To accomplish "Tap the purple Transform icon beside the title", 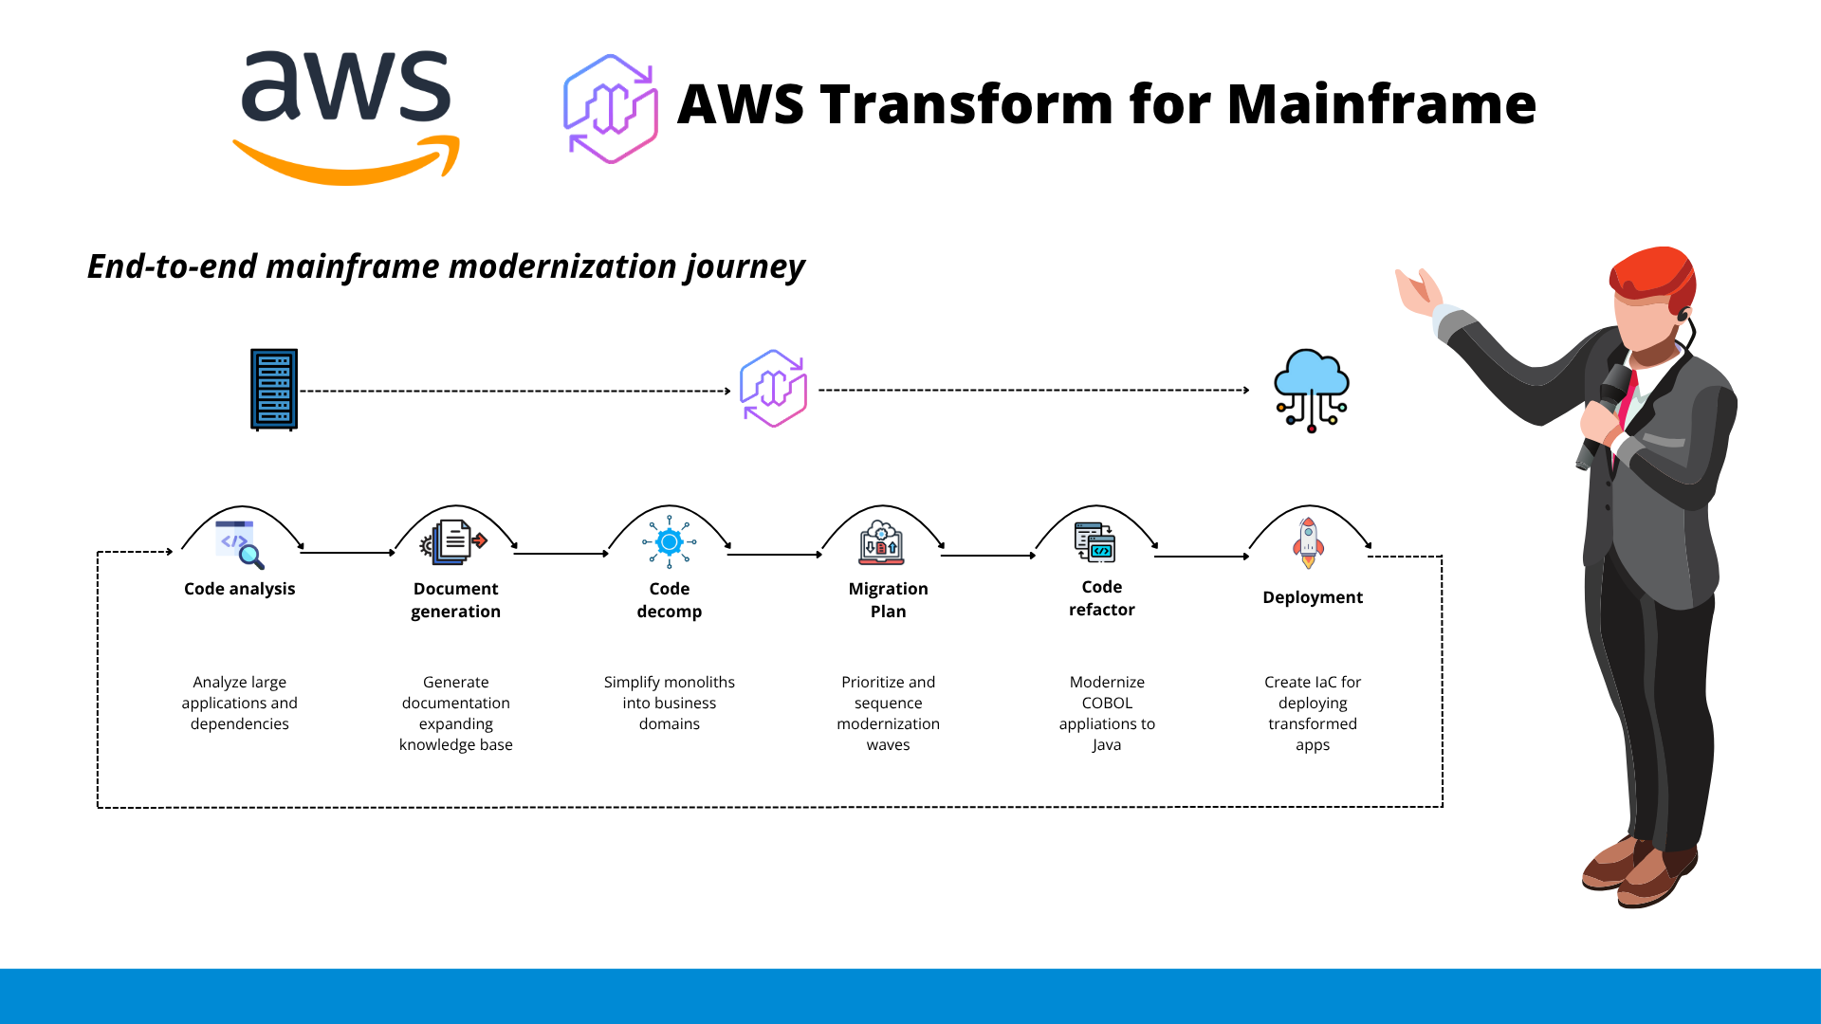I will pyautogui.click(x=611, y=109).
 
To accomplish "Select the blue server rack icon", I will pyautogui.click(x=274, y=390).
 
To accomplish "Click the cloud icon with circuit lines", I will pyautogui.click(x=1312, y=390).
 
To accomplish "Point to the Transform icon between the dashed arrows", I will pyautogui.click(x=774, y=389).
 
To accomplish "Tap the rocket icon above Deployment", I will pyautogui.click(x=1308, y=542).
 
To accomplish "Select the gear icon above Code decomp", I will pyautogui.click(x=670, y=542).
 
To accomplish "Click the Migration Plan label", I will pyautogui.click(x=888, y=600).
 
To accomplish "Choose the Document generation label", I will pyautogui.click(x=455, y=600).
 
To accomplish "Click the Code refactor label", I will pyautogui.click(x=1101, y=598).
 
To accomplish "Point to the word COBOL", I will pyautogui.click(x=1107, y=703).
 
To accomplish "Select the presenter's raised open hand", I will pyautogui.click(x=1419, y=292).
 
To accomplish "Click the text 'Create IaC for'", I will pyautogui.click(x=1312, y=682).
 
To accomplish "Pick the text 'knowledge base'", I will pyautogui.click(x=455, y=744).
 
